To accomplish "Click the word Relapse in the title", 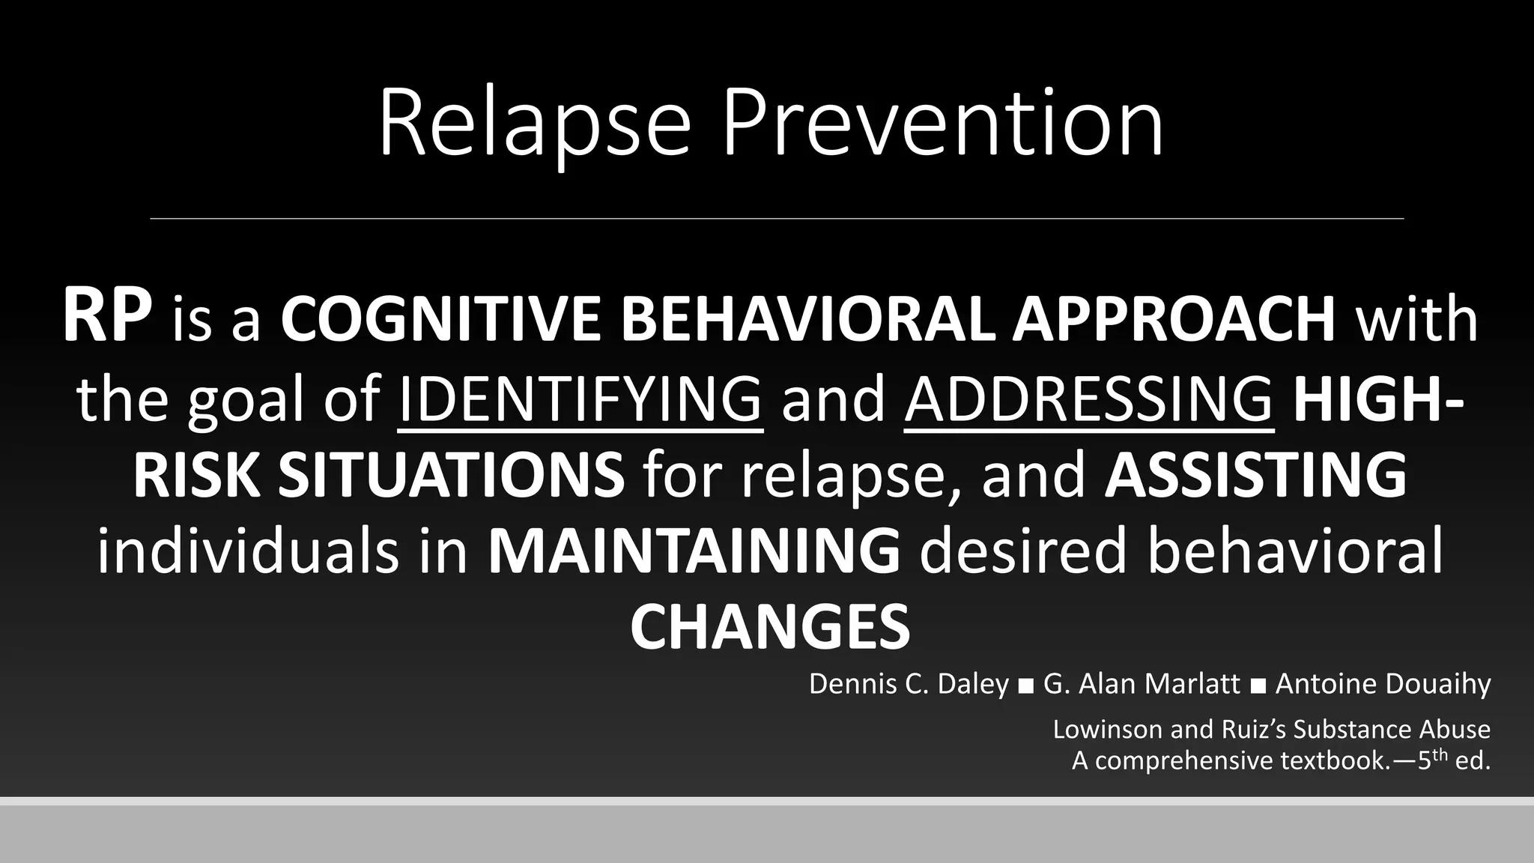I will (533, 124).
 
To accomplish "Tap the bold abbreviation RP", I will (107, 317).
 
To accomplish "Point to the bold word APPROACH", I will (1174, 319).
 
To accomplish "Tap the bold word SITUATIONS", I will (451, 475).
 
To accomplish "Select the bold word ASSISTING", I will (1255, 475).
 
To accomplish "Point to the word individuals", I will (248, 552).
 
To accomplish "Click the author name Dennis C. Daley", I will (909, 684).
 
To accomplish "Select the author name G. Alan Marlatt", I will (1142, 684).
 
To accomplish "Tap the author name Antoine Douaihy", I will (1383, 684).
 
